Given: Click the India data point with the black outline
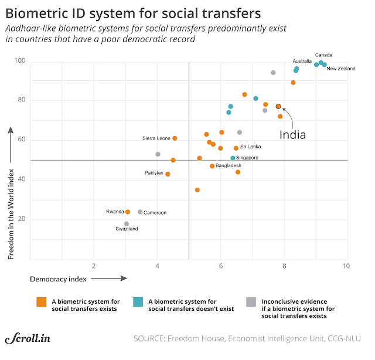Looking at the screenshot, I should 278,106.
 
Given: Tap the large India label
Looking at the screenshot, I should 292,134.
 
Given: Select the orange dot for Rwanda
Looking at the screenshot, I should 128,212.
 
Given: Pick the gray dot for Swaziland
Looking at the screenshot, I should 127,223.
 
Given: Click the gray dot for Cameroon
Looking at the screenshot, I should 140,212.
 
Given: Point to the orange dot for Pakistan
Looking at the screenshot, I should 168,174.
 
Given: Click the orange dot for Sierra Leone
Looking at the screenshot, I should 175,138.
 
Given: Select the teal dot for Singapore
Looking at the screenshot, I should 233,158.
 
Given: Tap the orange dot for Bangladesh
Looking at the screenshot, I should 212,166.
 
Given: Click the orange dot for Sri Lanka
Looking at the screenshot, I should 236,148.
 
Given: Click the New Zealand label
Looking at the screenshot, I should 341,69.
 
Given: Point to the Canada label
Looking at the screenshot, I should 323,55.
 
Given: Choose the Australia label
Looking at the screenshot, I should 302,61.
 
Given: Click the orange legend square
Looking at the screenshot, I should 40,302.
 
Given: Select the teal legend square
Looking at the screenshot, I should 138,302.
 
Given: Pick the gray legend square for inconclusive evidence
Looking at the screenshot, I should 251,302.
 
